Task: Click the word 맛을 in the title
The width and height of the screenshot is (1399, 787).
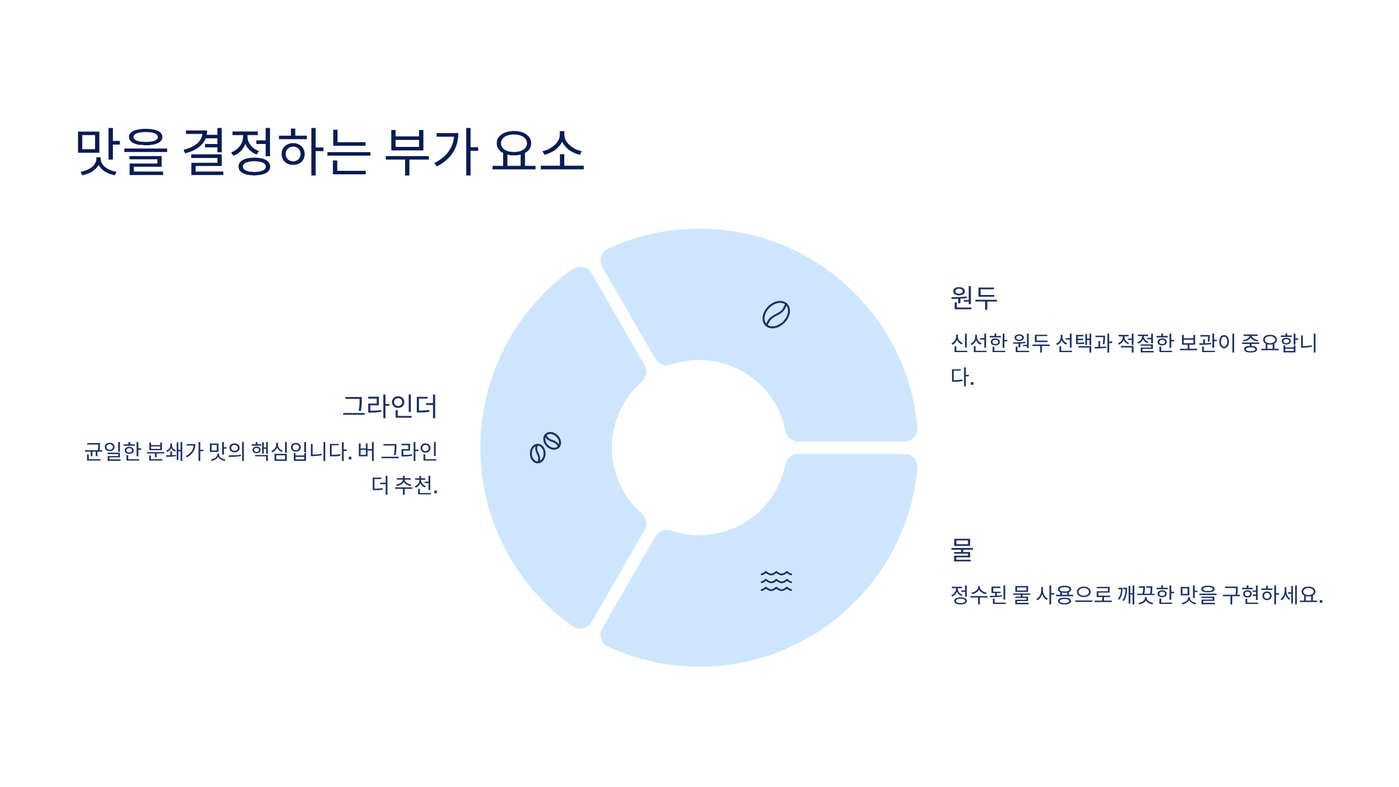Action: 121,152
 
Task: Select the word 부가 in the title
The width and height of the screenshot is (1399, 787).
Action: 431,152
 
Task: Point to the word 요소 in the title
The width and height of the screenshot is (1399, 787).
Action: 537,152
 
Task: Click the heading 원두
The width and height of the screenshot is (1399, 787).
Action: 973,298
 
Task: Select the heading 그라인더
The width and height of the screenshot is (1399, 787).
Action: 389,406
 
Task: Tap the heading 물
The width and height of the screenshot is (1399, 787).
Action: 962,550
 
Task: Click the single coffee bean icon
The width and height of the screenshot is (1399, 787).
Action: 776,315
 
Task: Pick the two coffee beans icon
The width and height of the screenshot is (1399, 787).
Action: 545,448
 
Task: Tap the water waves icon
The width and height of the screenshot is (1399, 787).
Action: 776,581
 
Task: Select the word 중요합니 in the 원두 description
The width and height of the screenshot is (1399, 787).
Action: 1279,343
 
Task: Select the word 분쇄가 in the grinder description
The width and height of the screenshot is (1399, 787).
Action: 174,451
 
